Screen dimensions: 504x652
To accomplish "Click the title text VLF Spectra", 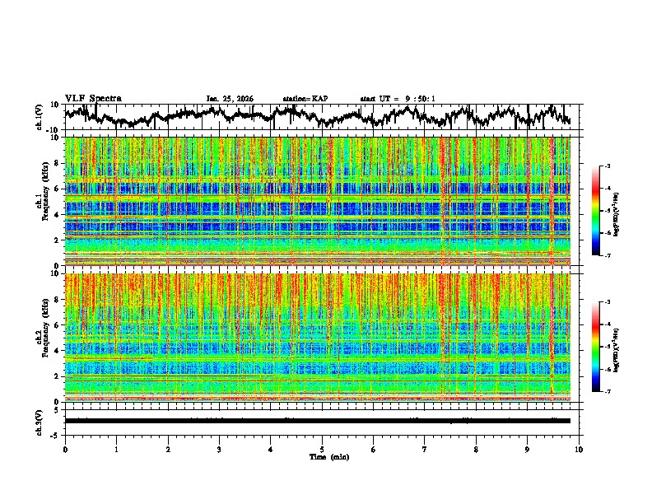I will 93,99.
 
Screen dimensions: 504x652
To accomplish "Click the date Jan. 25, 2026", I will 230,99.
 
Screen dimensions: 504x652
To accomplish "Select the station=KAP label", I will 305,99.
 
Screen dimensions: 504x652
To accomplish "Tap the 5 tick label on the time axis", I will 322,449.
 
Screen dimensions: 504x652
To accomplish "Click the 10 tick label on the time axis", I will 579,449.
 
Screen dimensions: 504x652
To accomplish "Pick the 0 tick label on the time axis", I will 65,449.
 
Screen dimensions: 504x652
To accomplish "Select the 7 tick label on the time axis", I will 425,449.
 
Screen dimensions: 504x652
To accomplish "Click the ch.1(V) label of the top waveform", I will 40,117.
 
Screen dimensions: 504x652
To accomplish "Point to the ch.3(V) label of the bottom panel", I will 40,421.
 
